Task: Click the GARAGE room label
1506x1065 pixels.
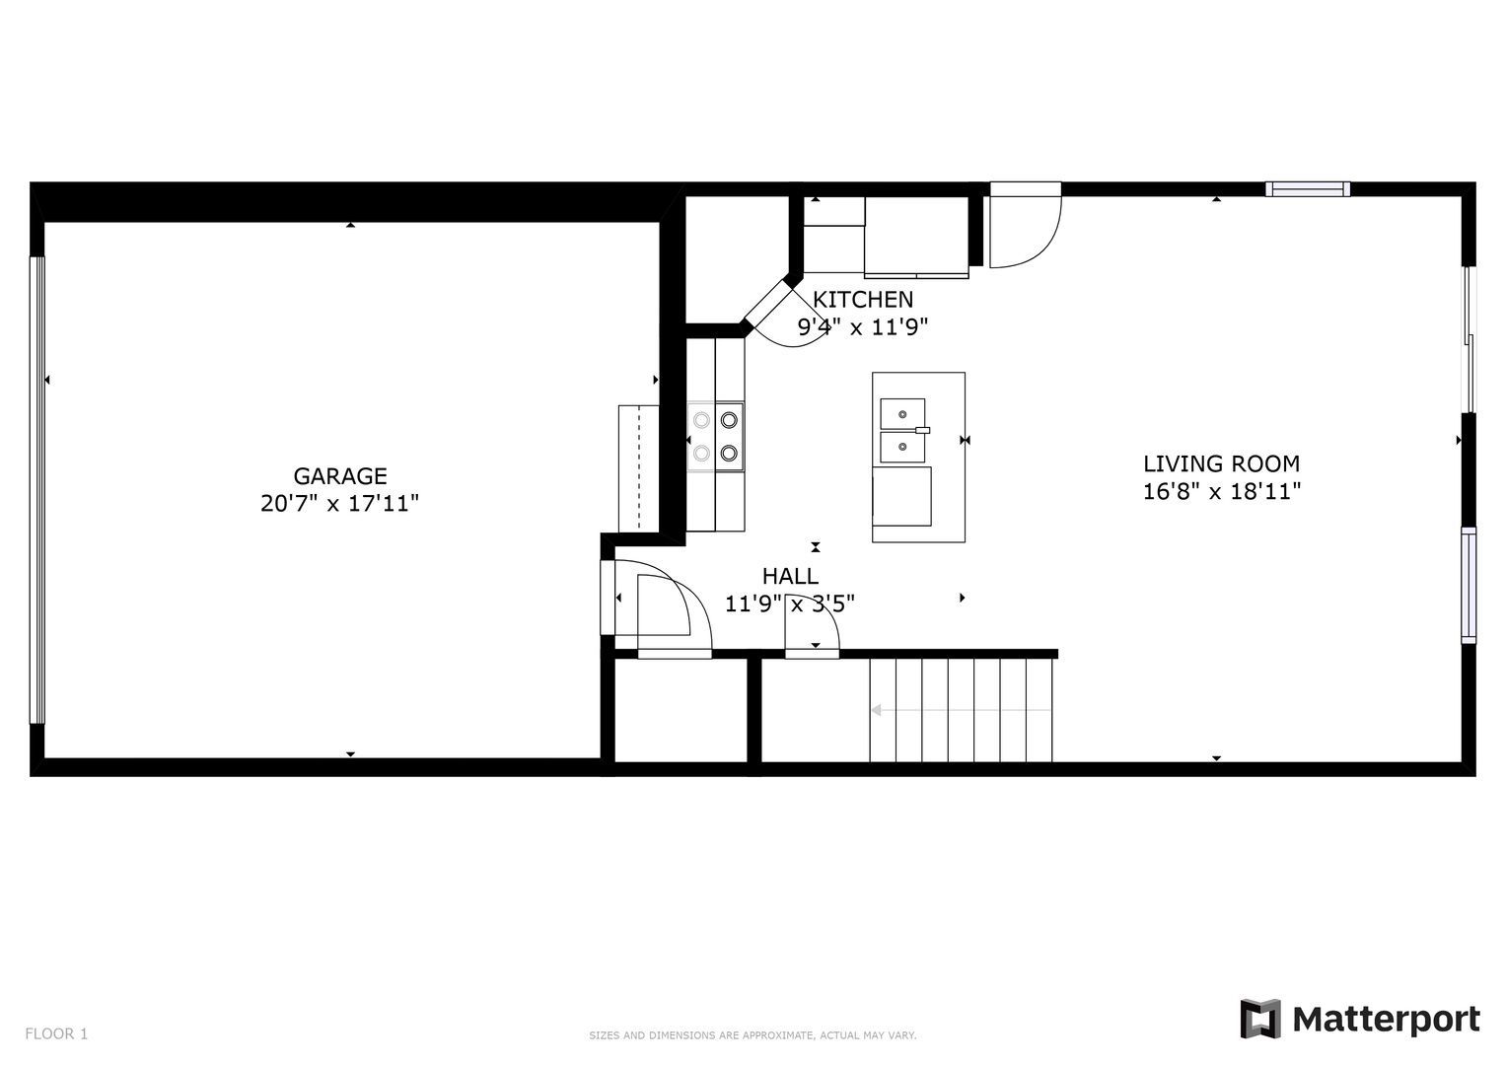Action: point(340,476)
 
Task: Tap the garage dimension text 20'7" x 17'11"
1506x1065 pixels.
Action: point(339,504)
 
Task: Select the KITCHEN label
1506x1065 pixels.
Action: point(863,299)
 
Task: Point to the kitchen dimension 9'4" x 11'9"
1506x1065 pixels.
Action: point(863,327)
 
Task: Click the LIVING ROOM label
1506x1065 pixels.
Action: point(1222,463)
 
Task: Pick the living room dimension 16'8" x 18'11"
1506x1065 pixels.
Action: point(1222,492)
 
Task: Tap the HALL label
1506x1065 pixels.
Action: point(790,576)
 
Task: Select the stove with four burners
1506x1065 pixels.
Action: point(715,437)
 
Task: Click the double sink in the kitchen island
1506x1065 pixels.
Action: point(903,430)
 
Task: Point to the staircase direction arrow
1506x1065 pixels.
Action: point(961,710)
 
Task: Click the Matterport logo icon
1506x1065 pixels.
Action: point(1259,1019)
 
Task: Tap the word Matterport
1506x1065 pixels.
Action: point(1387,1020)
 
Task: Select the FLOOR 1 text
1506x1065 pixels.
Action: point(56,1034)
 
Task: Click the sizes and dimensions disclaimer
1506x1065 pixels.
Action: point(753,1035)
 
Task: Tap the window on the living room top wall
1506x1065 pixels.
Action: point(1308,189)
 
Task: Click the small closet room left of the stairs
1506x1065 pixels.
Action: point(681,710)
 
